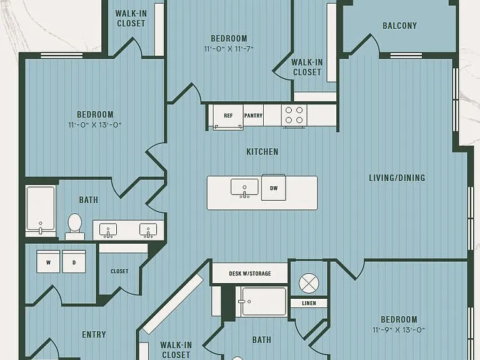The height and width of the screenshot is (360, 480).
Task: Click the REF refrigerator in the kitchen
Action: (228, 116)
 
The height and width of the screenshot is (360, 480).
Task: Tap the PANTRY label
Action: (253, 116)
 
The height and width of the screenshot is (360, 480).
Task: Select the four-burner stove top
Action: (294, 115)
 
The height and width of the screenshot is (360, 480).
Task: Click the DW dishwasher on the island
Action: (274, 188)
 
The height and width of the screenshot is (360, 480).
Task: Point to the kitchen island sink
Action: (244, 188)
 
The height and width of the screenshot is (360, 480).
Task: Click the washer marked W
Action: (48, 261)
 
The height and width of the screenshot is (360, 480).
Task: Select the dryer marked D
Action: (74, 261)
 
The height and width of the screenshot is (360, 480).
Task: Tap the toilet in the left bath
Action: (75, 226)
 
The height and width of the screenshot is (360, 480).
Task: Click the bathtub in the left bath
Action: (41, 211)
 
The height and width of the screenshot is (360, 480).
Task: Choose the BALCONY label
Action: (400, 26)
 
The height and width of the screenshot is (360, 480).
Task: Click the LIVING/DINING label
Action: (397, 178)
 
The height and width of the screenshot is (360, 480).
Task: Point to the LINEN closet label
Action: (309, 303)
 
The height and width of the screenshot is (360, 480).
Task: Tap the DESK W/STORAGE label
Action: (250, 273)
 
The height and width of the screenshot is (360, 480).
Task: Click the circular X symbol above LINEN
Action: (309, 283)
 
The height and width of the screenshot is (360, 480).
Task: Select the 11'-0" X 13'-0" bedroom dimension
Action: (95, 125)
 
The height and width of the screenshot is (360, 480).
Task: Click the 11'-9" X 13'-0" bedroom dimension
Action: (399, 330)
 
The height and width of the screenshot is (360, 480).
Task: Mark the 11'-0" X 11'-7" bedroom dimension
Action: (229, 49)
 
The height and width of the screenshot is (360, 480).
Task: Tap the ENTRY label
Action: (94, 334)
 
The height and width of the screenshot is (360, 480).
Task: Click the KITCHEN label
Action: (262, 152)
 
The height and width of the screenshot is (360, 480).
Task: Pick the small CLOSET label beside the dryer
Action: (119, 271)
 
